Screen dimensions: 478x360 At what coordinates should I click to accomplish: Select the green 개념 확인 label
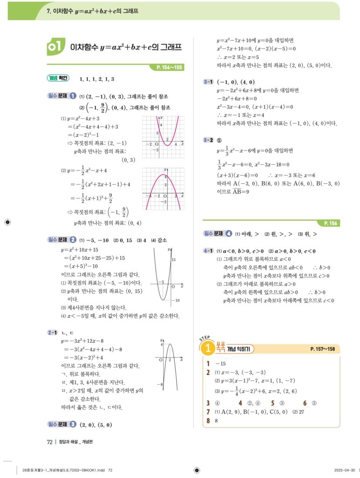coord(58,78)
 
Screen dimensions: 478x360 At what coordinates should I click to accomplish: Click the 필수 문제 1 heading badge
coord(62,96)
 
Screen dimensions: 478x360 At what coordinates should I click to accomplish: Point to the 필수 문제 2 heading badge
coord(62,240)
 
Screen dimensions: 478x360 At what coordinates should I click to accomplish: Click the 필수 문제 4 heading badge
coord(218,233)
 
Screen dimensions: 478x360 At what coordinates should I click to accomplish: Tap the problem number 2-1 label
coord(52,332)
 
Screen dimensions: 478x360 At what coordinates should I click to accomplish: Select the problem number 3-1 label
coord(208,82)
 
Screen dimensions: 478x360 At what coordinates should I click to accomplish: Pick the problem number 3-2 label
coord(208,140)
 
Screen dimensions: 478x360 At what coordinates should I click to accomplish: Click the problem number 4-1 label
coord(208,251)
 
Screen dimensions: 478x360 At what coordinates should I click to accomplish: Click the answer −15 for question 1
coord(221,363)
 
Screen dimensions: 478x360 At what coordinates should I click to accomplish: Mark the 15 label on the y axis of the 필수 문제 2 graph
coord(173,259)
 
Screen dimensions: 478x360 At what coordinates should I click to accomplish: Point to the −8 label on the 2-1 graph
coord(160,385)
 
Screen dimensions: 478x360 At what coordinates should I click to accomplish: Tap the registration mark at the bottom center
coord(196,471)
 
